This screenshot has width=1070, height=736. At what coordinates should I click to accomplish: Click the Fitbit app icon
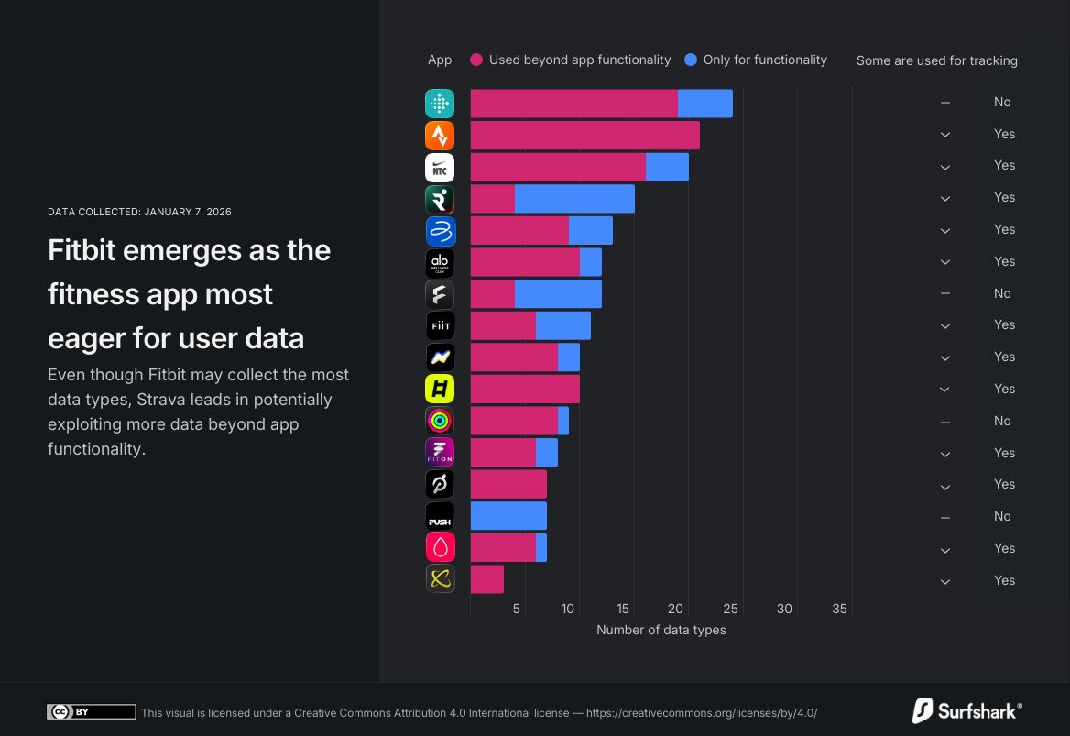click(x=440, y=104)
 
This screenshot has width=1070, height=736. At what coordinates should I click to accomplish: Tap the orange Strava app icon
click(x=440, y=136)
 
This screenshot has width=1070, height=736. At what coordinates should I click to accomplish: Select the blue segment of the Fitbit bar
click(x=704, y=104)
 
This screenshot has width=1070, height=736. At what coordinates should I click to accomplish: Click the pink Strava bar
click(x=584, y=136)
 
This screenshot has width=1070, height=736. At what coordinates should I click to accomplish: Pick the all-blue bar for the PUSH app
click(x=508, y=516)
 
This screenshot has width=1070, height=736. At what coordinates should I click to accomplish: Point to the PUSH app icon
click(x=440, y=516)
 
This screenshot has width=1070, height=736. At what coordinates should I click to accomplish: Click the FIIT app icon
click(x=440, y=325)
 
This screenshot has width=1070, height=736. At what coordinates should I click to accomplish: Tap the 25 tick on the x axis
click(x=730, y=609)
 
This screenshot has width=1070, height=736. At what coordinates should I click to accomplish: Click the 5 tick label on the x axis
click(x=517, y=609)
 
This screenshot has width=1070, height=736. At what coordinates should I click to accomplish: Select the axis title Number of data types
click(x=661, y=630)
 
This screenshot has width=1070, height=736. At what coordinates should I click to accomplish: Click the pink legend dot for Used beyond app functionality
click(x=476, y=60)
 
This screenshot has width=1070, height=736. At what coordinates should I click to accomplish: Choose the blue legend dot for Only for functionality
click(x=691, y=60)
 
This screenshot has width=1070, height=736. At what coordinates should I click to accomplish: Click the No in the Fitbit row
click(x=1002, y=102)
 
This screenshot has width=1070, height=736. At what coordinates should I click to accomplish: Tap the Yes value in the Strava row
click(x=1004, y=134)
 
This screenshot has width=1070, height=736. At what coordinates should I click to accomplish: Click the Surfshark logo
click(x=966, y=710)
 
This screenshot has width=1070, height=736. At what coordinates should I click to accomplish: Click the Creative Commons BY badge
click(x=91, y=712)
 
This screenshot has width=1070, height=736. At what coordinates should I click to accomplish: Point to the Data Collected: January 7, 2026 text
click(x=139, y=212)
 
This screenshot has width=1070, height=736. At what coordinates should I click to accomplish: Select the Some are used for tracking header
click(x=936, y=60)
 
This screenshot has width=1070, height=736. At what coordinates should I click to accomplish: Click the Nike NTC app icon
click(x=440, y=168)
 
